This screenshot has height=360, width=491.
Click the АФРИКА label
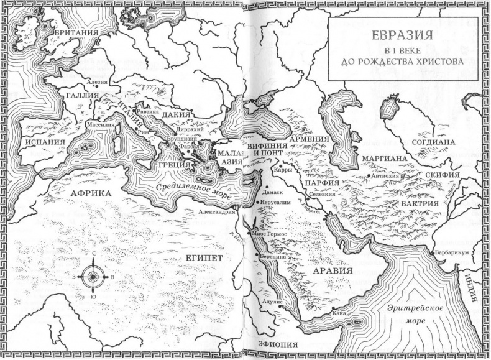(94, 194)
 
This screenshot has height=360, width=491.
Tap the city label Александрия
(216, 211)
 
